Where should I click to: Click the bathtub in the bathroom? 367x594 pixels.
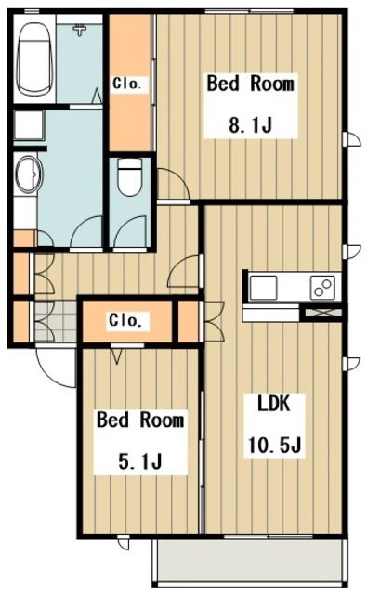34,59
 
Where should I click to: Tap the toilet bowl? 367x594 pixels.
130,176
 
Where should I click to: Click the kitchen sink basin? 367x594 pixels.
263,288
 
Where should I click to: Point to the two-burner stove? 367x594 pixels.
322,288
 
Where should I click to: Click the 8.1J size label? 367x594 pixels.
251,124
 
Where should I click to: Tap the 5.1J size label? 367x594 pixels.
140,460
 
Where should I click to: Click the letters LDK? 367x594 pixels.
274,403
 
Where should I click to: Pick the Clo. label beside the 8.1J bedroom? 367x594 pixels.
127,84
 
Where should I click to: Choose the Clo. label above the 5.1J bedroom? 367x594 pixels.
125,320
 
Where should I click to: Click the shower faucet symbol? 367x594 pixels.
80,29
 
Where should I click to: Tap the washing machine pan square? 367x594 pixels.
29,125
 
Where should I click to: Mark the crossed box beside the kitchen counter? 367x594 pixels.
323,314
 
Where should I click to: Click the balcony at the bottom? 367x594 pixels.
250,561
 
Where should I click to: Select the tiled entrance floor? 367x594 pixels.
56,321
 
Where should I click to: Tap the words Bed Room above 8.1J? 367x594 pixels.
250,84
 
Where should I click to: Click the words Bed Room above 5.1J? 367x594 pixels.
140,420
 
